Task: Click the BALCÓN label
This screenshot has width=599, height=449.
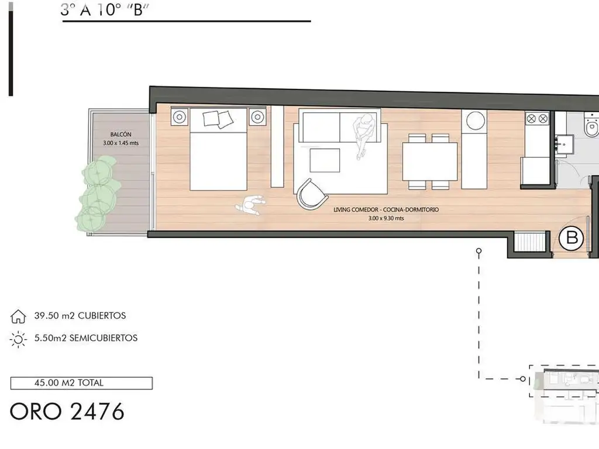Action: pos(121,134)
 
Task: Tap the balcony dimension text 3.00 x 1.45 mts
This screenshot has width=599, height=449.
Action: pos(121,143)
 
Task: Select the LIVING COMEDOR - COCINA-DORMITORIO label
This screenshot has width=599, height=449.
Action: pos(386,210)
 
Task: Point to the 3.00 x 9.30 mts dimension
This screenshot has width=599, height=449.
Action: pos(386,219)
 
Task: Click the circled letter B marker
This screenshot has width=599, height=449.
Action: pos(571,239)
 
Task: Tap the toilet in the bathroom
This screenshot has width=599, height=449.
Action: pos(591,125)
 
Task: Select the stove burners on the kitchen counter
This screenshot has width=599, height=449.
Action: pos(537,119)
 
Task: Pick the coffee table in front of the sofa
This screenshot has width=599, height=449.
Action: pos(325,160)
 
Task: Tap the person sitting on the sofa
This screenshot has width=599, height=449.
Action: pos(363,136)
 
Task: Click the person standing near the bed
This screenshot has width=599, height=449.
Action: pos(250,205)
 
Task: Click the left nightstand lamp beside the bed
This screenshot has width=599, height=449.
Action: pos(180,117)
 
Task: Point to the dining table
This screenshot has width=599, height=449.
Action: pos(430,161)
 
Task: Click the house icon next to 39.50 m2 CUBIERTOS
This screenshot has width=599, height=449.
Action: pos(18,316)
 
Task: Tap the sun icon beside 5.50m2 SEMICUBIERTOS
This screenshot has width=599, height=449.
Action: pos(18,339)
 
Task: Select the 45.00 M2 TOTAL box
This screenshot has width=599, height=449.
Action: pos(81,383)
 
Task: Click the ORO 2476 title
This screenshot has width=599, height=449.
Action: pos(67,412)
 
